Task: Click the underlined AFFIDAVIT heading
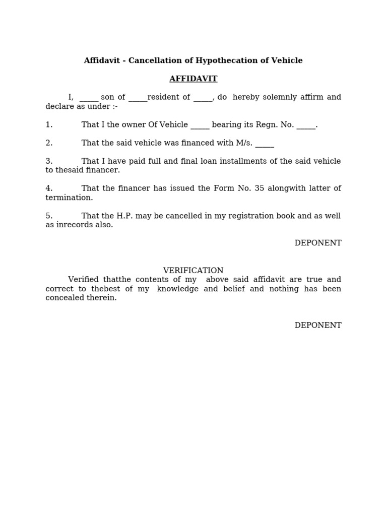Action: tap(193, 79)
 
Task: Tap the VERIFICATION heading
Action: tap(193, 271)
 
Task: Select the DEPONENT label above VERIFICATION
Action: tap(317, 243)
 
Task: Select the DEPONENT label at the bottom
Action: tap(317, 326)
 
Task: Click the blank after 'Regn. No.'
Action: tap(306, 125)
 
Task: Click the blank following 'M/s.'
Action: tap(265, 144)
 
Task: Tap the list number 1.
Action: tap(49, 125)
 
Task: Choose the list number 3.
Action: tap(49, 161)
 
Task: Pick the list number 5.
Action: tap(49, 216)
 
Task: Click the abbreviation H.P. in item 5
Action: tap(126, 216)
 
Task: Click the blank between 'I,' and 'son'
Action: tap(89, 98)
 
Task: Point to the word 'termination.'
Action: tap(69, 198)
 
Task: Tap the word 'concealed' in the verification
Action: tap(64, 298)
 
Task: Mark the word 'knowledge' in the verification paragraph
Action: tap(178, 289)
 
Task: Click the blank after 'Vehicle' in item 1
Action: tap(200, 125)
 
